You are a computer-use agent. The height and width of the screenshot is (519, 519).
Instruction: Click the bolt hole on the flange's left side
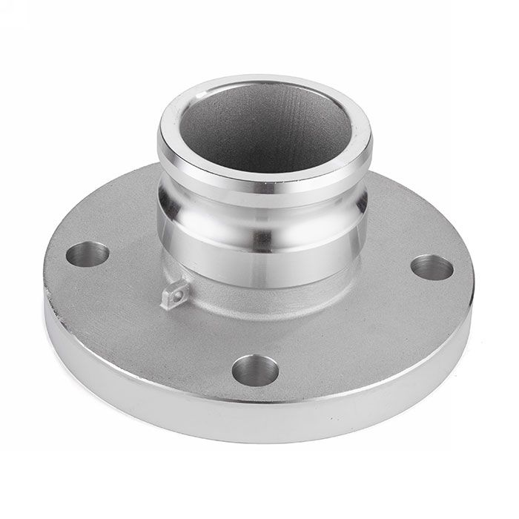tap(87, 254)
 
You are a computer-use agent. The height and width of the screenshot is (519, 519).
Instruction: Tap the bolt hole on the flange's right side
tap(432, 267)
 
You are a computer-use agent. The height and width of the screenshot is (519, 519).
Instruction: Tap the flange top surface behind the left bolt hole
tap(111, 222)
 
